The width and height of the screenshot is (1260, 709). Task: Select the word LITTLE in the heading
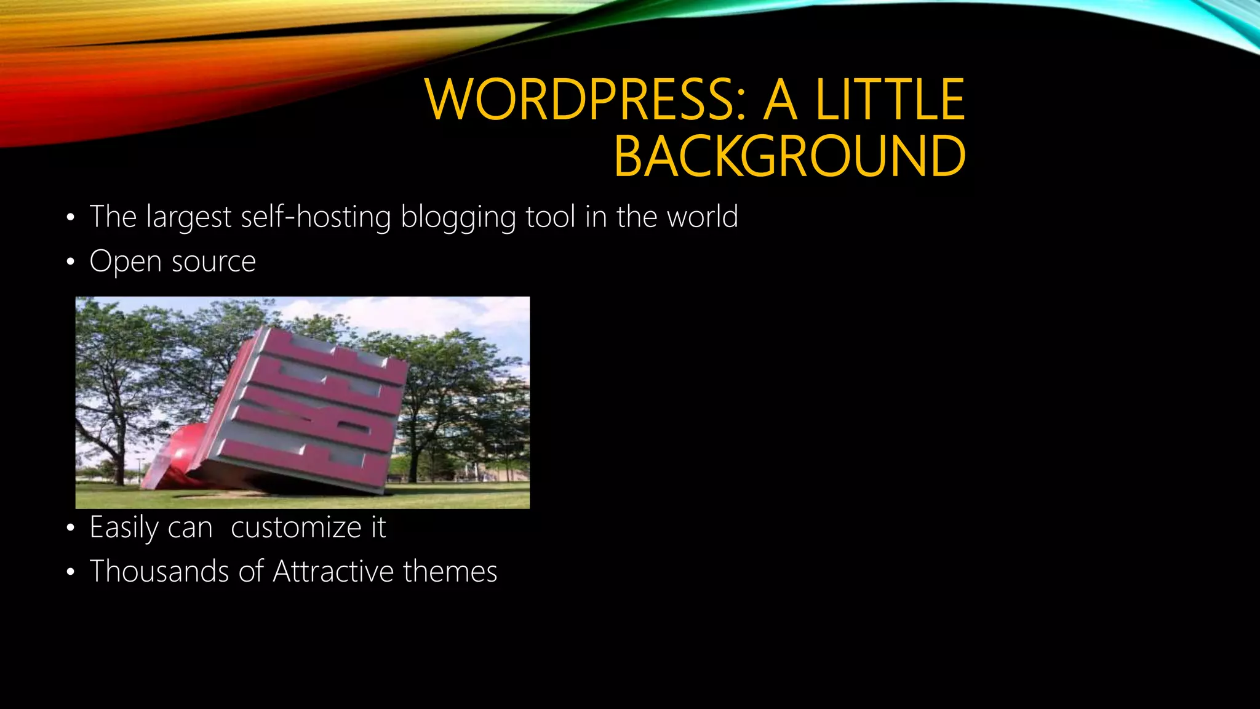point(890,100)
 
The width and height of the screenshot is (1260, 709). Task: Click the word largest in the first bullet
point(189,218)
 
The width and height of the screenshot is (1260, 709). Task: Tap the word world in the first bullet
point(702,217)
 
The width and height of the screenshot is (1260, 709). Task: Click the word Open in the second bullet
point(126,262)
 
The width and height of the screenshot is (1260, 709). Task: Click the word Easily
point(121,528)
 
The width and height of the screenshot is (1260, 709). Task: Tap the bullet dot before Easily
point(71,529)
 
